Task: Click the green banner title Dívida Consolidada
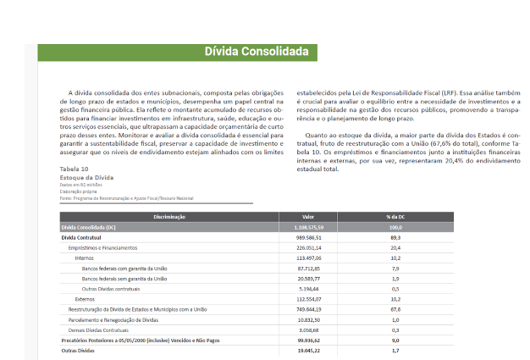point(257,53)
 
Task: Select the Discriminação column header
point(169,218)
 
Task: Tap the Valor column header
point(307,218)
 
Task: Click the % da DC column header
point(395,218)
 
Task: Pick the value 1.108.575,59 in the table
point(307,228)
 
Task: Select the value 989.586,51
point(307,238)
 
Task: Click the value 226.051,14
point(307,248)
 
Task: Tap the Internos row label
point(85,258)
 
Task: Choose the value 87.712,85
point(307,268)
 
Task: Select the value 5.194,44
point(307,289)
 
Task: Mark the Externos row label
point(85,299)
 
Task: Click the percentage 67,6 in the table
point(395,309)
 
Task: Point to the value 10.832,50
point(307,319)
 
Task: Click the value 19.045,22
point(307,350)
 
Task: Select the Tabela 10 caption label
point(75,169)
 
